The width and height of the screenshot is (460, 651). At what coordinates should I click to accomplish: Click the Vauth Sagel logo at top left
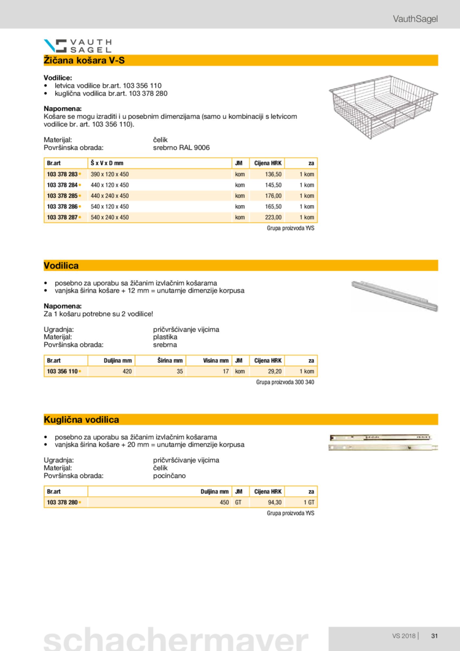tap(78, 46)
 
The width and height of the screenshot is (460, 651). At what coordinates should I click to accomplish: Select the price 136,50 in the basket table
tap(273, 174)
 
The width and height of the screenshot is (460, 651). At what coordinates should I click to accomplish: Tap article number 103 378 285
tap(62, 196)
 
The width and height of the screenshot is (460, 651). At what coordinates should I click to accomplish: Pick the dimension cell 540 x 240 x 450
tap(110, 217)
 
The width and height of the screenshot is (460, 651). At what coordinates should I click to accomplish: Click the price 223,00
tap(273, 217)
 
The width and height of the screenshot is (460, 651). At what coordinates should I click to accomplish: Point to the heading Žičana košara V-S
tap(84, 60)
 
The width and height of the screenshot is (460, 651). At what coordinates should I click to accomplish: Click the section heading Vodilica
tap(61, 266)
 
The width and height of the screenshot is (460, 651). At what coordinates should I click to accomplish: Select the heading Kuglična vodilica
tap(81, 420)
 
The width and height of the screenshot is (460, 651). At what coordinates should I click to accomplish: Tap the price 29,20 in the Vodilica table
tap(274, 372)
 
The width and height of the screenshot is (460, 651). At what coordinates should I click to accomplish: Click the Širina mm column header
tap(170, 361)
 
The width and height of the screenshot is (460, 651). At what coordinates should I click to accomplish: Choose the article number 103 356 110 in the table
tap(62, 372)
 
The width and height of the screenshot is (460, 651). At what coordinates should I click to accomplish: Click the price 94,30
tap(274, 502)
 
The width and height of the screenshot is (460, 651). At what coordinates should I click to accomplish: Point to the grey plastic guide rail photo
tap(394, 296)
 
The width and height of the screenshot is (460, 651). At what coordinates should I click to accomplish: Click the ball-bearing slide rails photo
tap(383, 443)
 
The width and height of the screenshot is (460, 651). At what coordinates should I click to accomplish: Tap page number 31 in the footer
tap(434, 636)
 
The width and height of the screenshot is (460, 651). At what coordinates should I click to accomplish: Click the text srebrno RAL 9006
tap(181, 148)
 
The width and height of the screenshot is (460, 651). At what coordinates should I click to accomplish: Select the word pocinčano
tap(169, 476)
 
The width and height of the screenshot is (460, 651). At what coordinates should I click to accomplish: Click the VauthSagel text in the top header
tap(415, 19)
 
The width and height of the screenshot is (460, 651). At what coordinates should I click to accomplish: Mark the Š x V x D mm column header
tap(107, 163)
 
